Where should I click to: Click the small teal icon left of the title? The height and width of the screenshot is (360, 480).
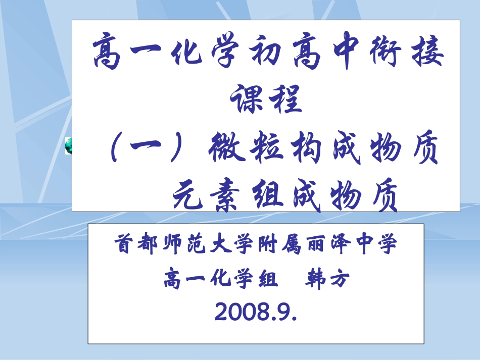[68, 146]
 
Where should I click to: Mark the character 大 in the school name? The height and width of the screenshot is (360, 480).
[218, 245]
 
